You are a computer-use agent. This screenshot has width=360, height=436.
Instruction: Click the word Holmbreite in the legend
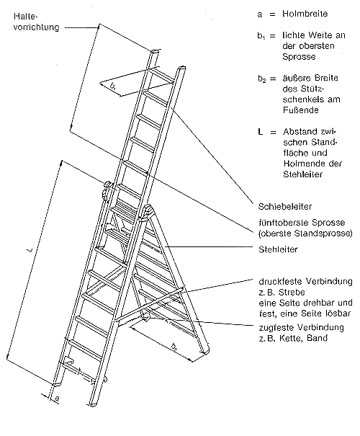[305, 14]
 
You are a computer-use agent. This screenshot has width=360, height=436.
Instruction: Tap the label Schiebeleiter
[285, 207]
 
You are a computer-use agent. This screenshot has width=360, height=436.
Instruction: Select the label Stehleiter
[278, 249]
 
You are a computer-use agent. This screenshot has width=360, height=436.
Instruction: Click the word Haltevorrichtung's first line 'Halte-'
[25, 17]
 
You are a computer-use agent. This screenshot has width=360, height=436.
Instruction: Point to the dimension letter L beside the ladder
[30, 249]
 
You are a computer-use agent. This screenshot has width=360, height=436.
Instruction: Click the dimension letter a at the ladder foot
[57, 399]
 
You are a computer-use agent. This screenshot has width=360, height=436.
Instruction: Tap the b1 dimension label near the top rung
[113, 86]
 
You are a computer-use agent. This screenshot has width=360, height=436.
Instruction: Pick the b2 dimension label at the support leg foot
[175, 347]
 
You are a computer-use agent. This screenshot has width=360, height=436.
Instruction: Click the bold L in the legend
[261, 132]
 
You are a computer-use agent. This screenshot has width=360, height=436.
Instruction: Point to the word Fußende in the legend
[297, 110]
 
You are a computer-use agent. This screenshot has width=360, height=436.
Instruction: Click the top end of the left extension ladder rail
[156, 51]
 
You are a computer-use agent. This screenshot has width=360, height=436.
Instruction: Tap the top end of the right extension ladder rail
[181, 68]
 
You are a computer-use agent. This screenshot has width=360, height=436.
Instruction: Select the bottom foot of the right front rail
[92, 404]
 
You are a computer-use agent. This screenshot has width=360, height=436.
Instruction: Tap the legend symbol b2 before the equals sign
[261, 79]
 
